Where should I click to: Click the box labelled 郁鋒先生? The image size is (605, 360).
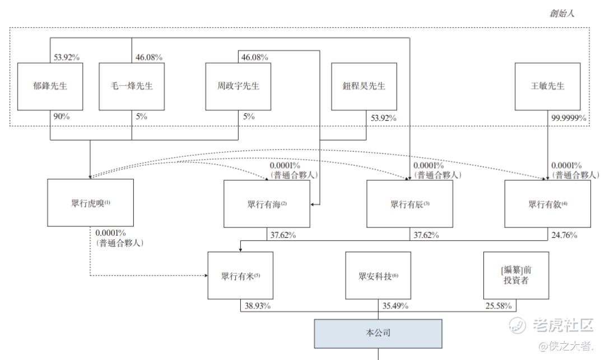tap(50, 86)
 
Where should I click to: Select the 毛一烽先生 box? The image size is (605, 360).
tap(132, 86)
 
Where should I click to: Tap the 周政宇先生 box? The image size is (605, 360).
tap(238, 86)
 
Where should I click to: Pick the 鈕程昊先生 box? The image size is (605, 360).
tap(364, 86)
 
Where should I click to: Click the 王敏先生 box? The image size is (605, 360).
tap(547, 86)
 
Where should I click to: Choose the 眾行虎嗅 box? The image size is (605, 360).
tap(90, 203)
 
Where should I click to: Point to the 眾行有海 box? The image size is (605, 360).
tap(267, 204)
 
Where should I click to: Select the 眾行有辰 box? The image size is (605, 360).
tap(409, 204)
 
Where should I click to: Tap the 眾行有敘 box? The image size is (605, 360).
tap(547, 204)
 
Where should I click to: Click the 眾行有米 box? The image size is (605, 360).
tap(240, 275)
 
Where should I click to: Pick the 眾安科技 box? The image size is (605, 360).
tap(378, 275)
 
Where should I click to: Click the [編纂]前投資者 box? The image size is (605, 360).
tap(516, 275)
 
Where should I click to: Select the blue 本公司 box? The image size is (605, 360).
tap(378, 334)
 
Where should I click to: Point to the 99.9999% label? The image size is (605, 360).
tap(569, 118)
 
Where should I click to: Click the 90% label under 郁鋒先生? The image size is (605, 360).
tap(62, 116)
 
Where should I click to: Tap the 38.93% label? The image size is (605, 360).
tap(257, 306)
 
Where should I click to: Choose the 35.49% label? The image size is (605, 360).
tap(395, 306)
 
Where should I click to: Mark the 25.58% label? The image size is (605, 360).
tap(499, 306)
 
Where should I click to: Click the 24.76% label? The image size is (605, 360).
tap(564, 235)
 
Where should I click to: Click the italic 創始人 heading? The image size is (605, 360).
tap(562, 13)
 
